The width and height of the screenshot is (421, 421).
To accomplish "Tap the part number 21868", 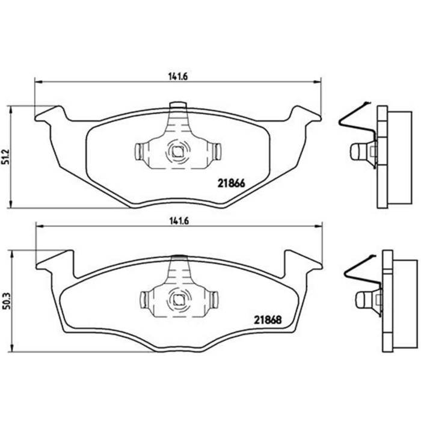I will pos(267,320).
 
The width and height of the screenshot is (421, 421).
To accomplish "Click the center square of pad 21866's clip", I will pos(177,152).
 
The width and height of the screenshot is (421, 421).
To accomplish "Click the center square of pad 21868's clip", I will pos(180,298).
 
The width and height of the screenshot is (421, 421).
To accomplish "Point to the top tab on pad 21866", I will pos(178,106).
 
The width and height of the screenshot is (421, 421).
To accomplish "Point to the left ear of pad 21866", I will pos(50,114).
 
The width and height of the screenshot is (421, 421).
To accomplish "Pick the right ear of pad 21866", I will pos(305,113).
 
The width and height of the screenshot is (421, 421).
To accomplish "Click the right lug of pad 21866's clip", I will pos(215,152).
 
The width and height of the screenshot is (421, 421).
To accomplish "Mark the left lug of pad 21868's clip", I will pos(145,298).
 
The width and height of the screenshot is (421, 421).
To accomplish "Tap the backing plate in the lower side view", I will pos(387,301).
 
